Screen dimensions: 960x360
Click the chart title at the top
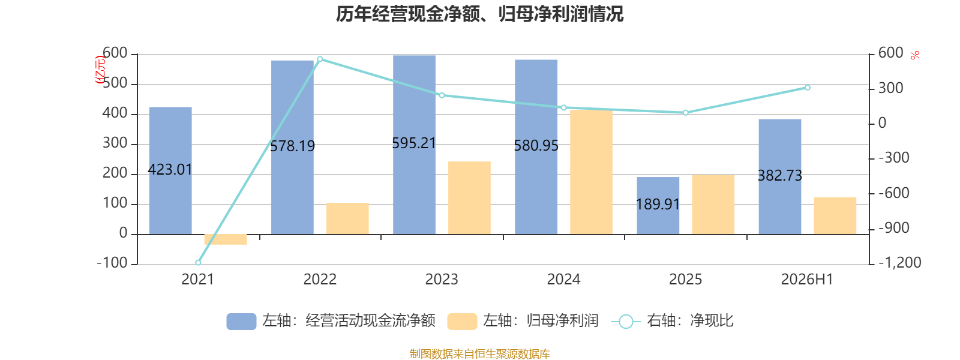coord(479,14)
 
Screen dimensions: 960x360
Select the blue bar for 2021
coord(170,170)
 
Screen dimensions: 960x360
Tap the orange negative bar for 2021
coord(226,239)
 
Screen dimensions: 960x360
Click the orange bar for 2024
coord(591,172)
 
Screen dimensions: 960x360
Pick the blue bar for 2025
coord(658,206)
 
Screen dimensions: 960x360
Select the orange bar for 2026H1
coord(835,216)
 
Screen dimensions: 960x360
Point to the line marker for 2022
coord(320,59)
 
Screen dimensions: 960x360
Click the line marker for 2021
coord(198,263)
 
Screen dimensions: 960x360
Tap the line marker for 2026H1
coord(808,88)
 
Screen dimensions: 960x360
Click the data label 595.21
coord(414,143)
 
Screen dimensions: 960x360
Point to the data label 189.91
coord(658,205)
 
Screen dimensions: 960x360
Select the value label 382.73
coord(780,176)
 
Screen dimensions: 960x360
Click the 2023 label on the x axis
coord(442,280)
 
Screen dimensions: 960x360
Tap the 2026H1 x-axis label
coord(807,280)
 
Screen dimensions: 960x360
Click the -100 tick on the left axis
coord(112,262)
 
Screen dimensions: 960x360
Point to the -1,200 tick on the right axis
coord(900,262)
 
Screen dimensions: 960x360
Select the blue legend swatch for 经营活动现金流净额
coord(241,322)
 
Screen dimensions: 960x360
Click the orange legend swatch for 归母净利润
coord(462,322)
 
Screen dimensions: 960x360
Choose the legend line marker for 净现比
coord(626,322)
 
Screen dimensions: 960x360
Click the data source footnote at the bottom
coord(479,353)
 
